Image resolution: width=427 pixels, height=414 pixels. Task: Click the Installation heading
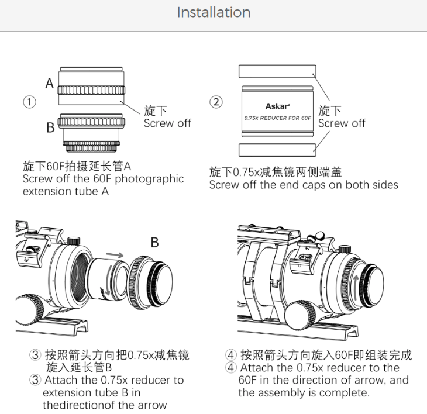click(x=213, y=12)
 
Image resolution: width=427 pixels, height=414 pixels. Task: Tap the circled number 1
click(x=29, y=102)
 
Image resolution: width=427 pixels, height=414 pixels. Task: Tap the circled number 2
click(x=216, y=102)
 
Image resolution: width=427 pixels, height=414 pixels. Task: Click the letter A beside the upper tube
click(x=50, y=83)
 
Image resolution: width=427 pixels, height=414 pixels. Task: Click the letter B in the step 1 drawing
click(x=50, y=127)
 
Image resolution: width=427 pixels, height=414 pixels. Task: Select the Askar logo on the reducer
click(x=277, y=106)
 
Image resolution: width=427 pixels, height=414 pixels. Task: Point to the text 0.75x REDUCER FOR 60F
click(x=277, y=118)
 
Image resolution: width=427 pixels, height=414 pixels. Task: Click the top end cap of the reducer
click(x=277, y=71)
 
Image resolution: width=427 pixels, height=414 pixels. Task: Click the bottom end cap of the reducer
click(x=277, y=150)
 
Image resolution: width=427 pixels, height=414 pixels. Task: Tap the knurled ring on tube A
click(x=91, y=90)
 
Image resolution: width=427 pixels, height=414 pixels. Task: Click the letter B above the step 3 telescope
click(x=154, y=242)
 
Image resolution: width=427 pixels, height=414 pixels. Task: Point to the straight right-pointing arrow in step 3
click(x=115, y=255)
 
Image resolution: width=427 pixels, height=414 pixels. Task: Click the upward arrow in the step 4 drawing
click(x=356, y=288)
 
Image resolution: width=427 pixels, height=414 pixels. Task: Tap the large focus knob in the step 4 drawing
click(x=301, y=316)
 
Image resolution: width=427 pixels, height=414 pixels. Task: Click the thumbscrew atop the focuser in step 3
click(x=74, y=240)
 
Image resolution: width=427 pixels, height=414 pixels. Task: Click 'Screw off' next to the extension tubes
click(x=167, y=123)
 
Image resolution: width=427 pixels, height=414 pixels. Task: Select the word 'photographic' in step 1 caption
click(x=149, y=180)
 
